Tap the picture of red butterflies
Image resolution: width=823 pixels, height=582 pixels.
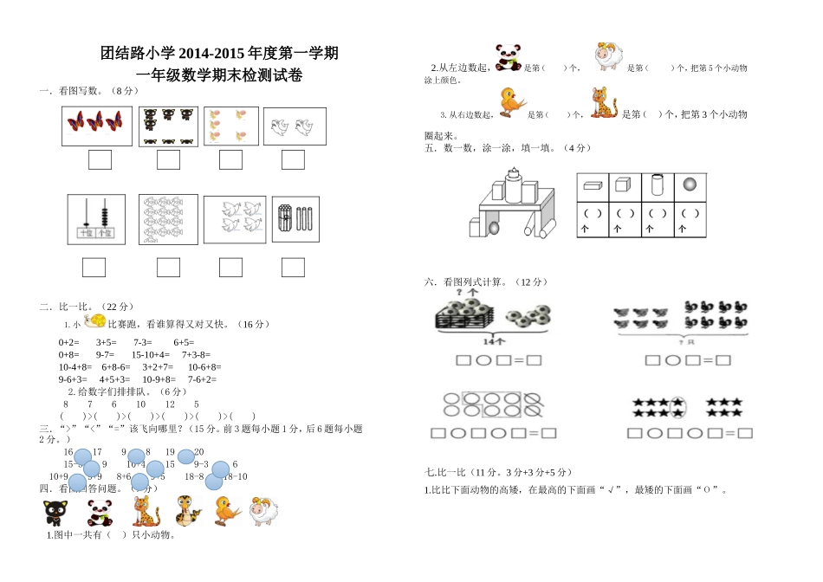click(x=97, y=125)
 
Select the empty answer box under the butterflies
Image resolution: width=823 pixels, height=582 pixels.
click(x=100, y=159)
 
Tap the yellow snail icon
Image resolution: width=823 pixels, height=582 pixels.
click(x=94, y=321)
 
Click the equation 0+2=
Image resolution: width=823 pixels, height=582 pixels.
click(x=69, y=342)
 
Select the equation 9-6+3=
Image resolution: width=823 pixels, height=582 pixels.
click(x=73, y=378)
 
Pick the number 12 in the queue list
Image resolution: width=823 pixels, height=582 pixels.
click(x=170, y=404)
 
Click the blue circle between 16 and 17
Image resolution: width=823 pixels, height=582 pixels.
click(x=82, y=456)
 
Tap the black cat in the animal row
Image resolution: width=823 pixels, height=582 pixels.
click(x=55, y=513)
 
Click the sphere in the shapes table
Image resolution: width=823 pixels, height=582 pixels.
click(x=690, y=184)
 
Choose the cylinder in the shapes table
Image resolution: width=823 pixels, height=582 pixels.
click(x=657, y=184)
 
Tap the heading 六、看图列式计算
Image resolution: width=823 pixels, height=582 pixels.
click(x=485, y=281)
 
